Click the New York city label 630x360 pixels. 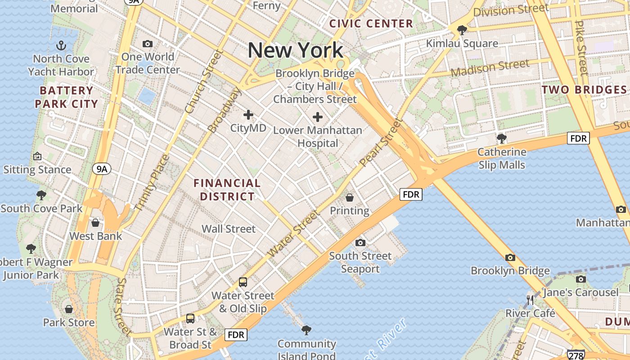(295, 50)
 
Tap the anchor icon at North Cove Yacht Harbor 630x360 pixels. (61, 45)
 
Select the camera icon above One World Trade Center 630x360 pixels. (147, 44)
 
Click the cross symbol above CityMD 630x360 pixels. (248, 115)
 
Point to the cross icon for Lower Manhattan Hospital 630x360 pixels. (318, 117)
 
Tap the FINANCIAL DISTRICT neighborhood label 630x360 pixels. (227, 189)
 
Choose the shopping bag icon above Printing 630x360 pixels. (349, 198)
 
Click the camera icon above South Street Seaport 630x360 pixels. (360, 243)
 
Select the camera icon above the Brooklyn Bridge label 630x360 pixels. (510, 258)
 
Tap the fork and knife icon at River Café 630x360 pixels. (530, 300)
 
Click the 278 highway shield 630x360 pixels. (576, 355)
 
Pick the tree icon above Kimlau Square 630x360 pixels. (462, 30)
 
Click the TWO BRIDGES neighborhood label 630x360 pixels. (584, 90)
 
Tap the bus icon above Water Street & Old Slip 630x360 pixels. (243, 282)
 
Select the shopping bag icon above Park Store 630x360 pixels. (69, 309)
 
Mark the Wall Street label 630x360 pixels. (228, 229)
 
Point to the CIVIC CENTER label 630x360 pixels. (371, 23)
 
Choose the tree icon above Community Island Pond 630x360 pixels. (306, 330)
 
